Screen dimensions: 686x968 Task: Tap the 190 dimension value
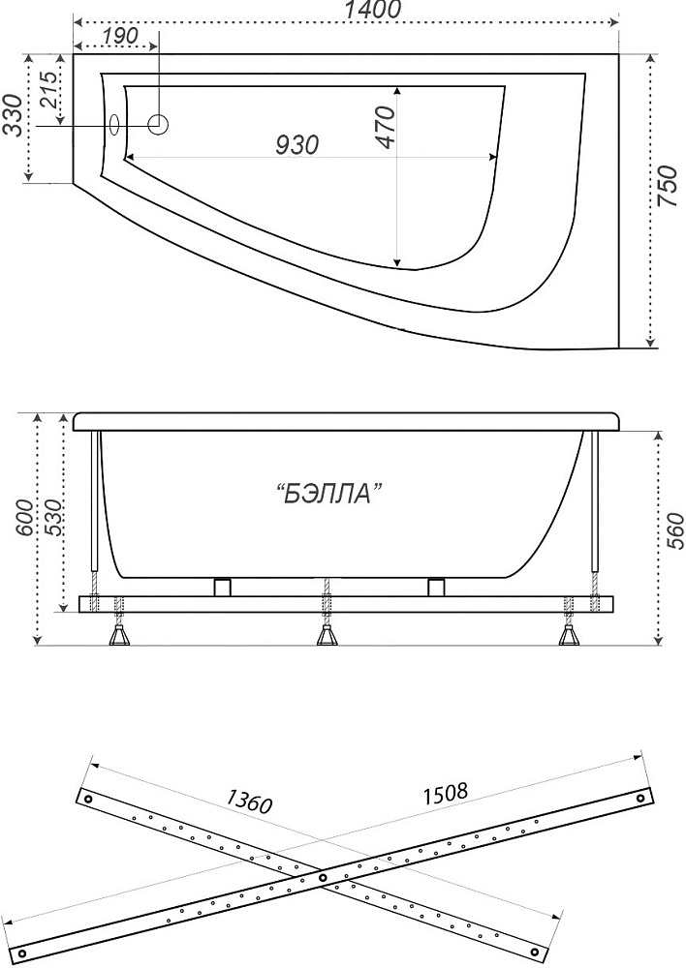click(x=119, y=36)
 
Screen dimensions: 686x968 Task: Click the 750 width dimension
click(x=669, y=186)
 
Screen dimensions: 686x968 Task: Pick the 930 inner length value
click(x=296, y=144)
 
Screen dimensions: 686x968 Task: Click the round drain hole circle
click(x=158, y=125)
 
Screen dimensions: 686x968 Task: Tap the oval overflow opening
click(x=114, y=125)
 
